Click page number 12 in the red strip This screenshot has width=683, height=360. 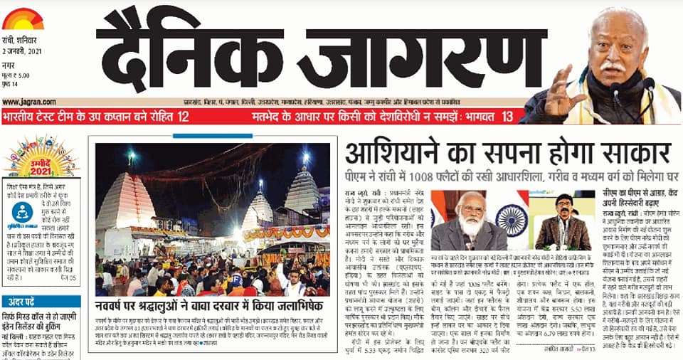click(183, 116)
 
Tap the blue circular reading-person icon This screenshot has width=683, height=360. click(23, 212)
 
